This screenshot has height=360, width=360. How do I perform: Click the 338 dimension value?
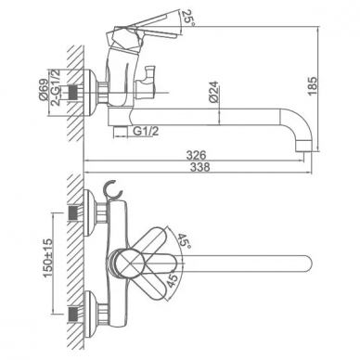[x=199, y=167]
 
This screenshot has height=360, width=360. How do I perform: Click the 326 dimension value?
[x=196, y=155]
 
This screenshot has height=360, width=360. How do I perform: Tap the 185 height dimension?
[x=313, y=86]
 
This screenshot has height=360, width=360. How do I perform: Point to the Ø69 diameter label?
[x=43, y=90]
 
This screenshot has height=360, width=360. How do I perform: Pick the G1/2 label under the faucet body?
[x=146, y=131]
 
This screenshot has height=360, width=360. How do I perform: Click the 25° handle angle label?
[x=187, y=18]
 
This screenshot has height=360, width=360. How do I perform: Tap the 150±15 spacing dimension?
[x=48, y=258]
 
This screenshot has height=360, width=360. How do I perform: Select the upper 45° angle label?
[x=184, y=240]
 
